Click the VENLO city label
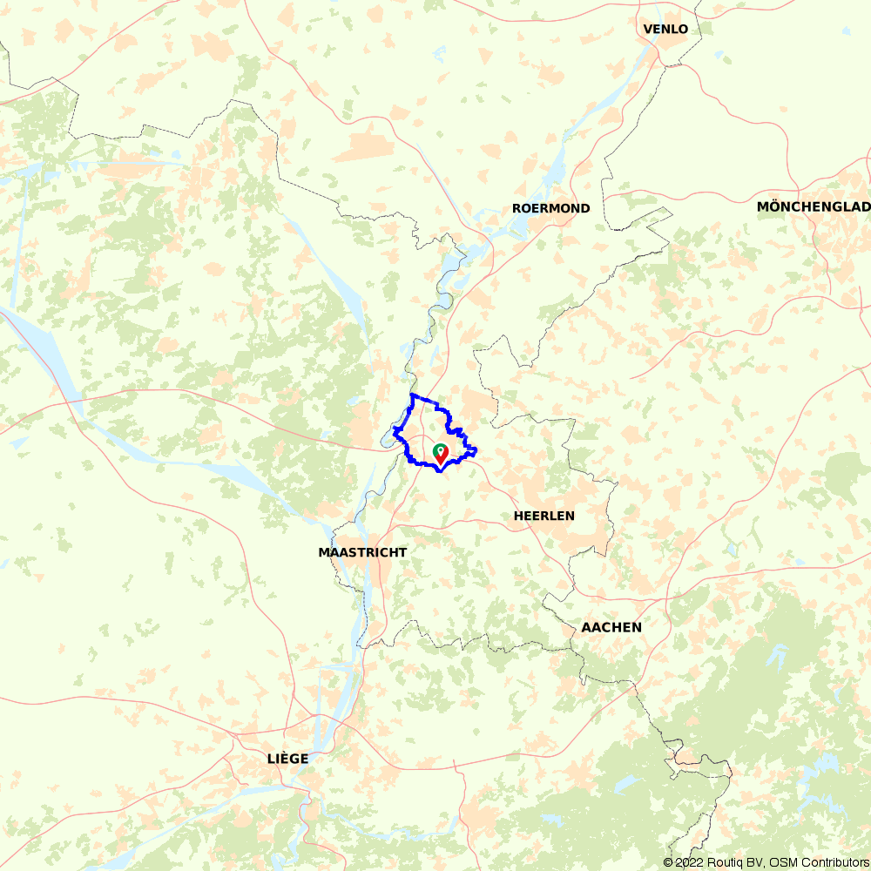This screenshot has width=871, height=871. point(665,29)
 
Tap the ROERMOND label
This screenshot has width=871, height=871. point(550,208)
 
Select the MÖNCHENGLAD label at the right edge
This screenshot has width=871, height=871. point(814,206)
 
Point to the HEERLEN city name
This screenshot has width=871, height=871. point(544,516)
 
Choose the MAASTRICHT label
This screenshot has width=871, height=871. point(362,552)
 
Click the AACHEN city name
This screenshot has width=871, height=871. point(611,627)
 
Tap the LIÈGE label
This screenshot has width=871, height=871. point(287,759)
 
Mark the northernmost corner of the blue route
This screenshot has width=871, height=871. point(411,395)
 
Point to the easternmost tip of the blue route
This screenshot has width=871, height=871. point(477,449)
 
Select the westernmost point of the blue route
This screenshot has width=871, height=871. point(394,432)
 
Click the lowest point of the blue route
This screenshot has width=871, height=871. point(440,472)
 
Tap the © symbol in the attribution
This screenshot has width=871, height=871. point(668,862)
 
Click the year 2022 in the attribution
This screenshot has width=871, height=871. point(688,862)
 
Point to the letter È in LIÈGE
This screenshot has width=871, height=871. point(282,759)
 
